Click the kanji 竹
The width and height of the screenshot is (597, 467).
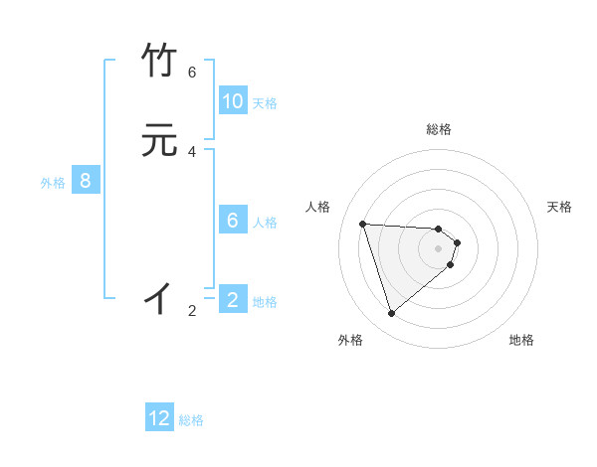(x=160, y=62)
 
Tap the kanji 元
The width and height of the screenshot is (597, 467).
(x=160, y=140)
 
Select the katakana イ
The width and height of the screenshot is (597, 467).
(x=159, y=297)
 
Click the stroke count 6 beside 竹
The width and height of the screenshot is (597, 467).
(x=192, y=73)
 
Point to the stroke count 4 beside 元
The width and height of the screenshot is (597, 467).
(x=192, y=151)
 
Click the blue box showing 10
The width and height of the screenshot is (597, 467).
(x=232, y=101)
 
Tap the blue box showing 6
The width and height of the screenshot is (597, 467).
(x=232, y=221)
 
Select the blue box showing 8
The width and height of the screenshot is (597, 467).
(x=86, y=181)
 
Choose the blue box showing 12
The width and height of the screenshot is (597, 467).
(x=159, y=418)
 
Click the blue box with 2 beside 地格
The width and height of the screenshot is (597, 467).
(x=232, y=300)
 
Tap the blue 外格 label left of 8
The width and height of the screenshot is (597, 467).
(x=53, y=183)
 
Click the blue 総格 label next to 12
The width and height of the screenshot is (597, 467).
(x=191, y=420)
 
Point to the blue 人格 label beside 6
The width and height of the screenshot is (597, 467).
(x=266, y=223)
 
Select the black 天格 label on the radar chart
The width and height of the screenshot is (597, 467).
(x=559, y=207)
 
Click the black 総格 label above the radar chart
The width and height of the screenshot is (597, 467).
(x=438, y=129)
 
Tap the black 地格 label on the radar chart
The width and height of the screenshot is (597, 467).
(x=521, y=340)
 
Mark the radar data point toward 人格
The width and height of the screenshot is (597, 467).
(x=363, y=224)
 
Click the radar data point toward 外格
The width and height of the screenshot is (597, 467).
(x=392, y=314)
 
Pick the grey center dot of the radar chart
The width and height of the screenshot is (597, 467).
(x=439, y=248)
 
